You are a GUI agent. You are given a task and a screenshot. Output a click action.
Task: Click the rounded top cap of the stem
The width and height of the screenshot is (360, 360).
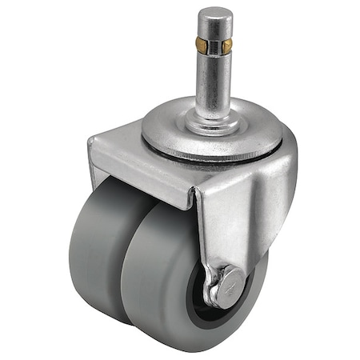[214, 18]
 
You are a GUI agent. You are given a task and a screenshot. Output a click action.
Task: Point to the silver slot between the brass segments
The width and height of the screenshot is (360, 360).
[214, 46]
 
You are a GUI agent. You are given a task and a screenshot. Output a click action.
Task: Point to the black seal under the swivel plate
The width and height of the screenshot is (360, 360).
[200, 158]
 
